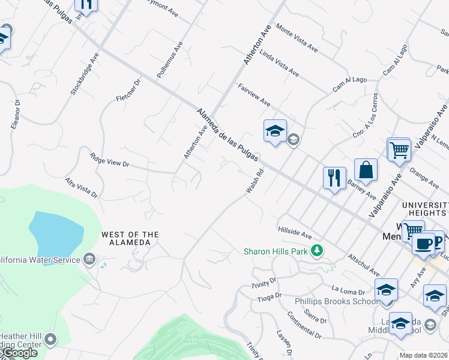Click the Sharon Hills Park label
click(277, 251)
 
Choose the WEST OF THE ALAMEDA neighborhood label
click(130, 238)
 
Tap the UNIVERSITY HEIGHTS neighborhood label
click(424, 208)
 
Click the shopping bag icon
click(366, 170)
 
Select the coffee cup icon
click(423, 244)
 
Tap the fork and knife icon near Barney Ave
click(334, 178)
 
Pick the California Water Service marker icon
click(89, 259)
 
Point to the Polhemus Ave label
click(169, 60)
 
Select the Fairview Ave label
click(254, 95)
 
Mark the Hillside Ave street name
click(295, 232)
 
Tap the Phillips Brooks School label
click(328, 301)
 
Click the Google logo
click(19, 353)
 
